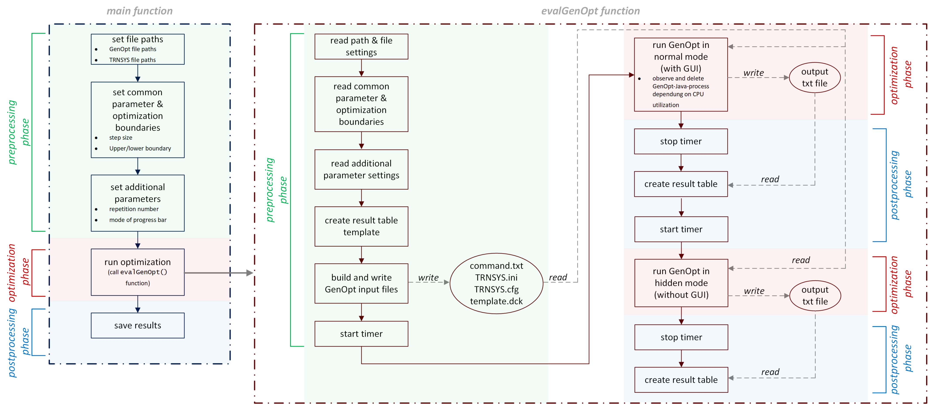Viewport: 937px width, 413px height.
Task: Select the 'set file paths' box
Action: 138,49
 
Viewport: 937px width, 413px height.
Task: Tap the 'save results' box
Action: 138,325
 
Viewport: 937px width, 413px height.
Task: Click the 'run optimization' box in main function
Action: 138,272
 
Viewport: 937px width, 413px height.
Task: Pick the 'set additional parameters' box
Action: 138,203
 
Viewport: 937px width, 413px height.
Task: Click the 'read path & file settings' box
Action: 361,47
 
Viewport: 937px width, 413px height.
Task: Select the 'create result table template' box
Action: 361,226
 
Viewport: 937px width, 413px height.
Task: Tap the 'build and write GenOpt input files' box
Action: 361,283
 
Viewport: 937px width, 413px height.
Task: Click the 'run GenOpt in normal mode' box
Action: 680,74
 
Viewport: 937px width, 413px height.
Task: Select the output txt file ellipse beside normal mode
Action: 815,78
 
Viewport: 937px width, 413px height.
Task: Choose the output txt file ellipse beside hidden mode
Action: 815,296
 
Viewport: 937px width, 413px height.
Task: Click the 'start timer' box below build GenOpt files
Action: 361,334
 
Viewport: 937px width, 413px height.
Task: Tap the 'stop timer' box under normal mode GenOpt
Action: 680,141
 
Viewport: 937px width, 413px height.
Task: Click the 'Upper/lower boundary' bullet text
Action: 140,148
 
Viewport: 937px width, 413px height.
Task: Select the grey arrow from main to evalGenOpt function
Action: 218,273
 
